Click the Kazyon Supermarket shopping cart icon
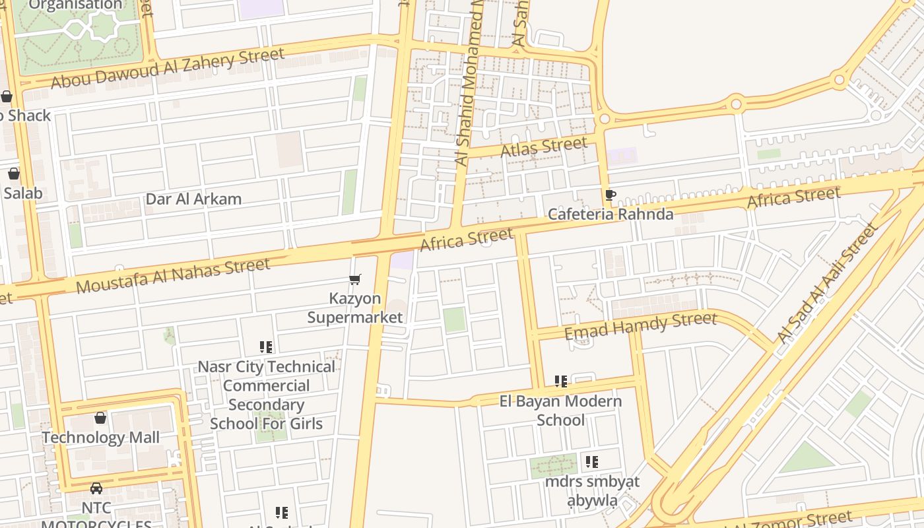[355, 280]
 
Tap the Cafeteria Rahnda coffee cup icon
[610, 195]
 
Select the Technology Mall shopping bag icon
[100, 418]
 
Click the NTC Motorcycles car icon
[96, 488]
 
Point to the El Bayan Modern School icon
[561, 381]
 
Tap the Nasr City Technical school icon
[266, 347]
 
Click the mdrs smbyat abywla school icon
[592, 462]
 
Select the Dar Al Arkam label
[193, 199]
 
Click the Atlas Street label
[544, 147]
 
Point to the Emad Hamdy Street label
[640, 326]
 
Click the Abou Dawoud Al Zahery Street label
[168, 67]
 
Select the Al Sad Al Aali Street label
[828, 284]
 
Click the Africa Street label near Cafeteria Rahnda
[793, 197]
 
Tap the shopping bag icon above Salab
[13, 174]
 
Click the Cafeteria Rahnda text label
[610, 214]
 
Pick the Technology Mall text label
[101, 438]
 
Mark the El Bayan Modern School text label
[560, 411]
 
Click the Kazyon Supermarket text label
[355, 308]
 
